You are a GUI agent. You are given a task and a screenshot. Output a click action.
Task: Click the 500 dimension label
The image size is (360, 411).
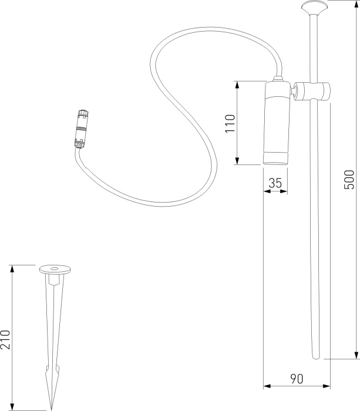349,180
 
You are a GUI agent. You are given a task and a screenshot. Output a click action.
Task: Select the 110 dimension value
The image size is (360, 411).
230,123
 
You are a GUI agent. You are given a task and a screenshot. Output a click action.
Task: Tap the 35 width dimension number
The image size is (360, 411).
275,183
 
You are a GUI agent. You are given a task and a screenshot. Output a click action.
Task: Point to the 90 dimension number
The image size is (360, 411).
297,379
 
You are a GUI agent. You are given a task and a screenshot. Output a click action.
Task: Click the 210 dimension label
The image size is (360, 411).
5,339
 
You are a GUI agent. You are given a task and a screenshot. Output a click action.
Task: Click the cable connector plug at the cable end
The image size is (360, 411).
82,129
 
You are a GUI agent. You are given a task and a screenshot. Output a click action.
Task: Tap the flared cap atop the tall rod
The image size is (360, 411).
314,7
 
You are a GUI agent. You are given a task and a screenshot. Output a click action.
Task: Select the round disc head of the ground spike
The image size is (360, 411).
55,269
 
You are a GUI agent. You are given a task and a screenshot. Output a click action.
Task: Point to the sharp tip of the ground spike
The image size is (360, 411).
51,409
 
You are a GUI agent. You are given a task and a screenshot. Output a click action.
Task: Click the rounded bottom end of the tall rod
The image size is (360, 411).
317,357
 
